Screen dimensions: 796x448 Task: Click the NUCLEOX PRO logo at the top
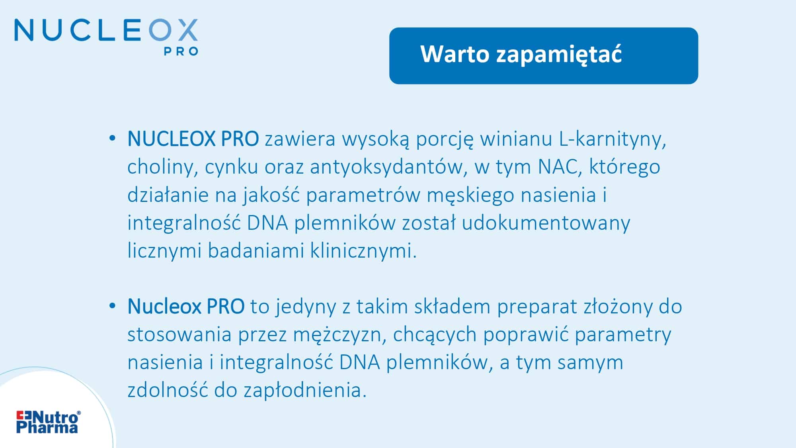tap(106, 37)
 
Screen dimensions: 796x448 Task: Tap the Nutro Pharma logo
tap(48, 422)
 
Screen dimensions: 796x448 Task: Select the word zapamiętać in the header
tap(559, 55)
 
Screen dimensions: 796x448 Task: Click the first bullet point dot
tap(112, 139)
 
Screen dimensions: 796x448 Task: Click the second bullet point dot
tap(112, 306)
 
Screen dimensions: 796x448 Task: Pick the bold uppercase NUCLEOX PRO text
tap(193, 139)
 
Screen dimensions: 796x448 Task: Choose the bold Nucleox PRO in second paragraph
tap(186, 306)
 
